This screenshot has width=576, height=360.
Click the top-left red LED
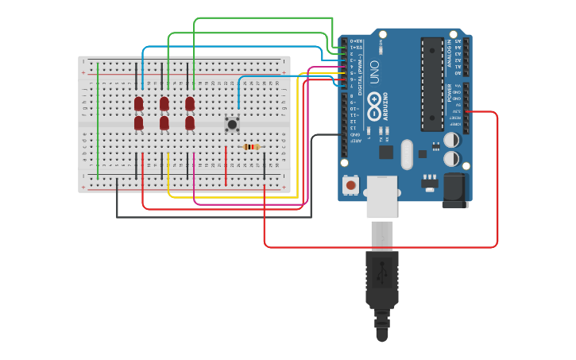138,103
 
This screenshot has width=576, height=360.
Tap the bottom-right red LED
190,123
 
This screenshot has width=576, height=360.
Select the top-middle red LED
164,103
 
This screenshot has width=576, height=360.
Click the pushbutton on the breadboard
232,124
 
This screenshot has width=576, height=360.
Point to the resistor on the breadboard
251,147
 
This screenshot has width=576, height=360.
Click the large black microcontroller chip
432,83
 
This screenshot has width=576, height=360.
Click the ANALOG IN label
449,53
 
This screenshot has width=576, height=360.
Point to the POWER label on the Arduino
449,94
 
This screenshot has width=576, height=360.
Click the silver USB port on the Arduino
381,195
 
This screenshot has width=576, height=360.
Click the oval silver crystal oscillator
408,154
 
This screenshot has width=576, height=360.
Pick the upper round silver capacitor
451,140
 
